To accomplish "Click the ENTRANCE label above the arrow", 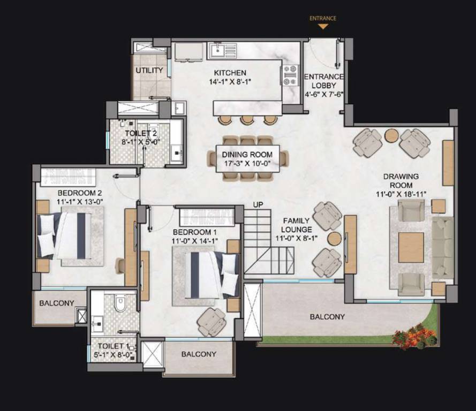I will point(323,18).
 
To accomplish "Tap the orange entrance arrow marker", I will point(323,26).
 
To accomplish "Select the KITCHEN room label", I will point(230,73).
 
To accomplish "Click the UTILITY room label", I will point(149,71).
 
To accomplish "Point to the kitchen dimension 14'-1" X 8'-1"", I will point(230,82).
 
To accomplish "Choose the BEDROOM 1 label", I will point(194,232).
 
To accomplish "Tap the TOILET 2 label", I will point(141,133).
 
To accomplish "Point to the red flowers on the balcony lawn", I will point(413,337).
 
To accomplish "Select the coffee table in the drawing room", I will point(411,247).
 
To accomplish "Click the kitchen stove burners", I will point(290,75).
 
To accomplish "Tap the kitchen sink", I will point(218,51).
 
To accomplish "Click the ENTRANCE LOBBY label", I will point(324,81).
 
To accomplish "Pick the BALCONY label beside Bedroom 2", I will point(57,303).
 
